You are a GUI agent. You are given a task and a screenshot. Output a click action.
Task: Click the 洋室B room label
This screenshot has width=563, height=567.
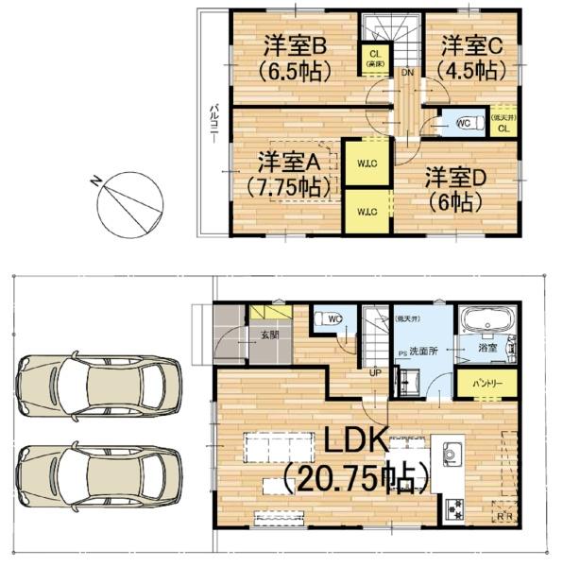295,44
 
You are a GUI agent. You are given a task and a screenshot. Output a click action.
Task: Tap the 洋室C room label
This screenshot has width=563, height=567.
469,44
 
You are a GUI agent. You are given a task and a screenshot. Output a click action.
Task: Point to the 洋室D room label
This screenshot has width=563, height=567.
454,177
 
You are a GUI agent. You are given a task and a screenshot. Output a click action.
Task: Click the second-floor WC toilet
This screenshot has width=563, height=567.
463,123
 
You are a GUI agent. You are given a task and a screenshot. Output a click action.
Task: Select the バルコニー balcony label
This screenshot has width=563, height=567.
214,124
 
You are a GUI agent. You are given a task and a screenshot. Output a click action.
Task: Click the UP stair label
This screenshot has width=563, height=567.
375,371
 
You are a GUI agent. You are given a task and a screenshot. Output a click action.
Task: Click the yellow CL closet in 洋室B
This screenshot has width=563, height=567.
374,57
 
